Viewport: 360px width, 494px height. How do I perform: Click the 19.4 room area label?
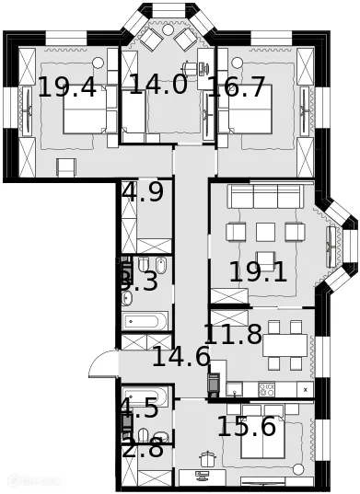67,88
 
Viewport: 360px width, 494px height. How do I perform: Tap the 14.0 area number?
157,86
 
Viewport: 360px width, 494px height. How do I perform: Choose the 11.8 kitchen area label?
233,334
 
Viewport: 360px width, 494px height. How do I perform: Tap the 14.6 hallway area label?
181,357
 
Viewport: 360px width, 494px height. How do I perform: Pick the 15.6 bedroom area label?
246,427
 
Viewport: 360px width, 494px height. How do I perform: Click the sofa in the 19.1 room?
264,196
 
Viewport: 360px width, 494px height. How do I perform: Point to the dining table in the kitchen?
285,343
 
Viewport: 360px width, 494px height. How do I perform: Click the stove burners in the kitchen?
267,388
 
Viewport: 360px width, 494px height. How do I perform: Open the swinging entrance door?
103,366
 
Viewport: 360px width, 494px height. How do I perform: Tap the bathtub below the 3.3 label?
145,321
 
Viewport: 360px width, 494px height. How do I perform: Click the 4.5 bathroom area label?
138,409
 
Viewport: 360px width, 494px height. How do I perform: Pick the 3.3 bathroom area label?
138,282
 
